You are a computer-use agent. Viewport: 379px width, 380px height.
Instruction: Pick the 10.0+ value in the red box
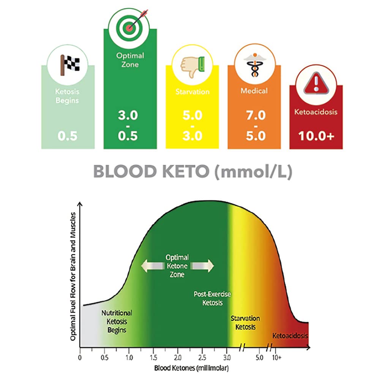pyautogui.click(x=316, y=136)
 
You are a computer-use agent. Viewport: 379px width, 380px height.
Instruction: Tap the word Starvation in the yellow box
pyautogui.click(x=192, y=92)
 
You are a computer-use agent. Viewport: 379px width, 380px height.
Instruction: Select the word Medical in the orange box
pyautogui.click(x=254, y=91)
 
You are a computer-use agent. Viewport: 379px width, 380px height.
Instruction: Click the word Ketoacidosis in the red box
pyautogui.click(x=316, y=112)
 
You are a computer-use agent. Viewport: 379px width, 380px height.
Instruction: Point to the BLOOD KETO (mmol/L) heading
pyautogui.click(x=193, y=172)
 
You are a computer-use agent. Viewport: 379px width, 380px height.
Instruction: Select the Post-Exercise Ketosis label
pyautogui.click(x=212, y=299)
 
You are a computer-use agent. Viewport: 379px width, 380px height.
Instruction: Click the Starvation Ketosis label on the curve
pyautogui.click(x=245, y=323)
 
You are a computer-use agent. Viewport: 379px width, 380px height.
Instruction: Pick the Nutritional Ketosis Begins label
pyautogui.click(x=117, y=321)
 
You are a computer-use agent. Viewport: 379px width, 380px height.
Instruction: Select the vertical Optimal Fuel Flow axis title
pyautogui.click(x=74, y=275)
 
